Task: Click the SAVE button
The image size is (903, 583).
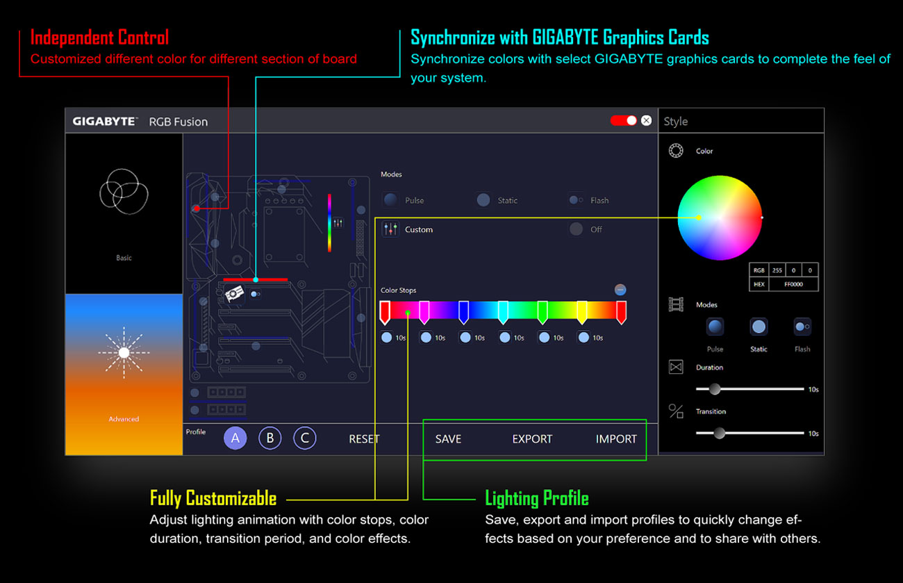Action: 448,439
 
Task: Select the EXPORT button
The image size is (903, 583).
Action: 532,439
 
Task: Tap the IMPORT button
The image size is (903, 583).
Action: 616,439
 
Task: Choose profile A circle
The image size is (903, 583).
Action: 235,438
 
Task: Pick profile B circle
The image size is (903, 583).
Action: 270,438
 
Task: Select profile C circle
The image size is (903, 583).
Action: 304,438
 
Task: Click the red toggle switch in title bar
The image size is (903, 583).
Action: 623,121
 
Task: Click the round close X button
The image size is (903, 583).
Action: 647,121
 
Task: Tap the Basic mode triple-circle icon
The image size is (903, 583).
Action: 123,191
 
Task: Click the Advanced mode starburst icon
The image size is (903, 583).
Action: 124,353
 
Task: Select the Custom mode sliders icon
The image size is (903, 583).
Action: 390,229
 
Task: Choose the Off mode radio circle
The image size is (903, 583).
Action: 576,229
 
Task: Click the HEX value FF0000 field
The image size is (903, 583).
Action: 793,284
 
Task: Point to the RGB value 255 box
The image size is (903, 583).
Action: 776,270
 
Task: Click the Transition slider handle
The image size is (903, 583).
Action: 720,433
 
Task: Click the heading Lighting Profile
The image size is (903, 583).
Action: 536,498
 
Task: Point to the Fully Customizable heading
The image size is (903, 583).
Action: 213,498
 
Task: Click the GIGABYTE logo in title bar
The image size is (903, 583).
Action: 105,122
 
